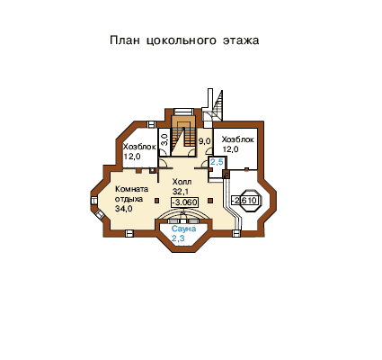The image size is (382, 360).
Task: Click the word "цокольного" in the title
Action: coord(182,40)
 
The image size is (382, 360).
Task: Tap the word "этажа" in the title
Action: coord(241,40)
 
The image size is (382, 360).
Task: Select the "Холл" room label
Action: coord(182,182)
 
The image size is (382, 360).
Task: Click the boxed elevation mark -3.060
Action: coord(184,202)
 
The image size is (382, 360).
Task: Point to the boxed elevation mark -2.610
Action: coord(245,200)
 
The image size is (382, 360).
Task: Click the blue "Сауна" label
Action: coord(183,229)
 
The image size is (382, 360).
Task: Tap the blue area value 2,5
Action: coord(217,162)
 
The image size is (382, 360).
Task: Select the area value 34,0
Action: coord(124,209)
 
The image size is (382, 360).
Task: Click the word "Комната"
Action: coord(132,189)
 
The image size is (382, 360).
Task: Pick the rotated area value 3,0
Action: coord(164,139)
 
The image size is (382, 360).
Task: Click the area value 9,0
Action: coord(205,141)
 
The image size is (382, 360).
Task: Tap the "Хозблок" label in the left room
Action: coord(139,147)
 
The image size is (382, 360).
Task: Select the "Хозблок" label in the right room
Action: coord(238,139)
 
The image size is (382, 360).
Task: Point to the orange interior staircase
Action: coord(183,134)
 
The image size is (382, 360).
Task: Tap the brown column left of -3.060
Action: coord(156,201)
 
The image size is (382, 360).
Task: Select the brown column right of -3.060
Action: coord(210,201)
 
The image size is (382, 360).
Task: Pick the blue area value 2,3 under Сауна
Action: coord(178,238)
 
